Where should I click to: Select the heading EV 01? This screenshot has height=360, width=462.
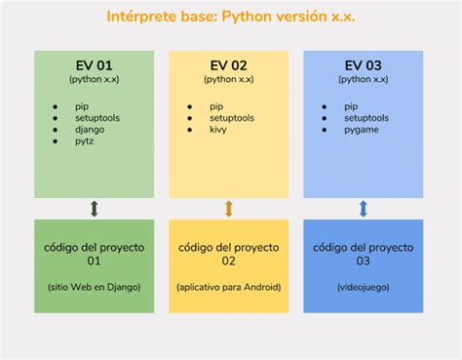click(x=94, y=65)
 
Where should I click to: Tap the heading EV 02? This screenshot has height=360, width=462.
click(x=229, y=65)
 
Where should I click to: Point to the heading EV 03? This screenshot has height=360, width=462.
click(x=364, y=65)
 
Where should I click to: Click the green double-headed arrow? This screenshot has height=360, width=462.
click(x=95, y=209)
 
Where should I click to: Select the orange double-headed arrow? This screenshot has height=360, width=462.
click(x=229, y=209)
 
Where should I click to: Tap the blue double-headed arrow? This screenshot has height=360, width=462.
click(x=364, y=209)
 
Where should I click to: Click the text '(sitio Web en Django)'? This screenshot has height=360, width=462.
click(x=94, y=287)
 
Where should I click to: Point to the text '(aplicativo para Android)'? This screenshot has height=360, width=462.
click(x=229, y=287)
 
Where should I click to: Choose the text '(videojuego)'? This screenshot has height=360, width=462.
click(x=364, y=287)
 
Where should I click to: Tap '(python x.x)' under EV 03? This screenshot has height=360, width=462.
click(x=364, y=78)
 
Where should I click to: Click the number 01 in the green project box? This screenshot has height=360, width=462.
click(x=94, y=260)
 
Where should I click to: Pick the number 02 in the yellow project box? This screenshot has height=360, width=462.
click(x=229, y=260)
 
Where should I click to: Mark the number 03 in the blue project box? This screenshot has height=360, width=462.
click(x=364, y=260)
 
